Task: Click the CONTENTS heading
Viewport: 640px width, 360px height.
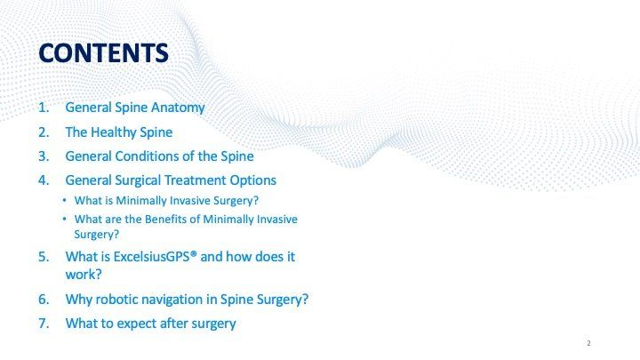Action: pyautogui.click(x=103, y=53)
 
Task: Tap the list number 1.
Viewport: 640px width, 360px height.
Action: pyautogui.click(x=44, y=108)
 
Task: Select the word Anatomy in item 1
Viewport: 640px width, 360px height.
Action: pyautogui.click(x=178, y=108)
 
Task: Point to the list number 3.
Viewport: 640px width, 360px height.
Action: pyautogui.click(x=44, y=156)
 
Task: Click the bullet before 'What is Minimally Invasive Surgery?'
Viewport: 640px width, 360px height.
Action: pyautogui.click(x=65, y=200)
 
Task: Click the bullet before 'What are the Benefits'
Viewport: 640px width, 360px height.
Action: pyautogui.click(x=65, y=219)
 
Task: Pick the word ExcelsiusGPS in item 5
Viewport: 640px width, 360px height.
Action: pyautogui.click(x=153, y=256)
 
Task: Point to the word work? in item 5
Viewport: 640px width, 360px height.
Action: pyautogui.click(x=84, y=275)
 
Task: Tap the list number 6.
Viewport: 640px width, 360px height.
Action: pyautogui.click(x=44, y=300)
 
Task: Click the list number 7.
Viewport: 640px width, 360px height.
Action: pyautogui.click(x=44, y=324)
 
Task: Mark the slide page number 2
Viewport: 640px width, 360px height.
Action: pyautogui.click(x=588, y=343)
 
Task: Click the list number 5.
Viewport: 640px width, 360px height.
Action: pyautogui.click(x=44, y=257)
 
